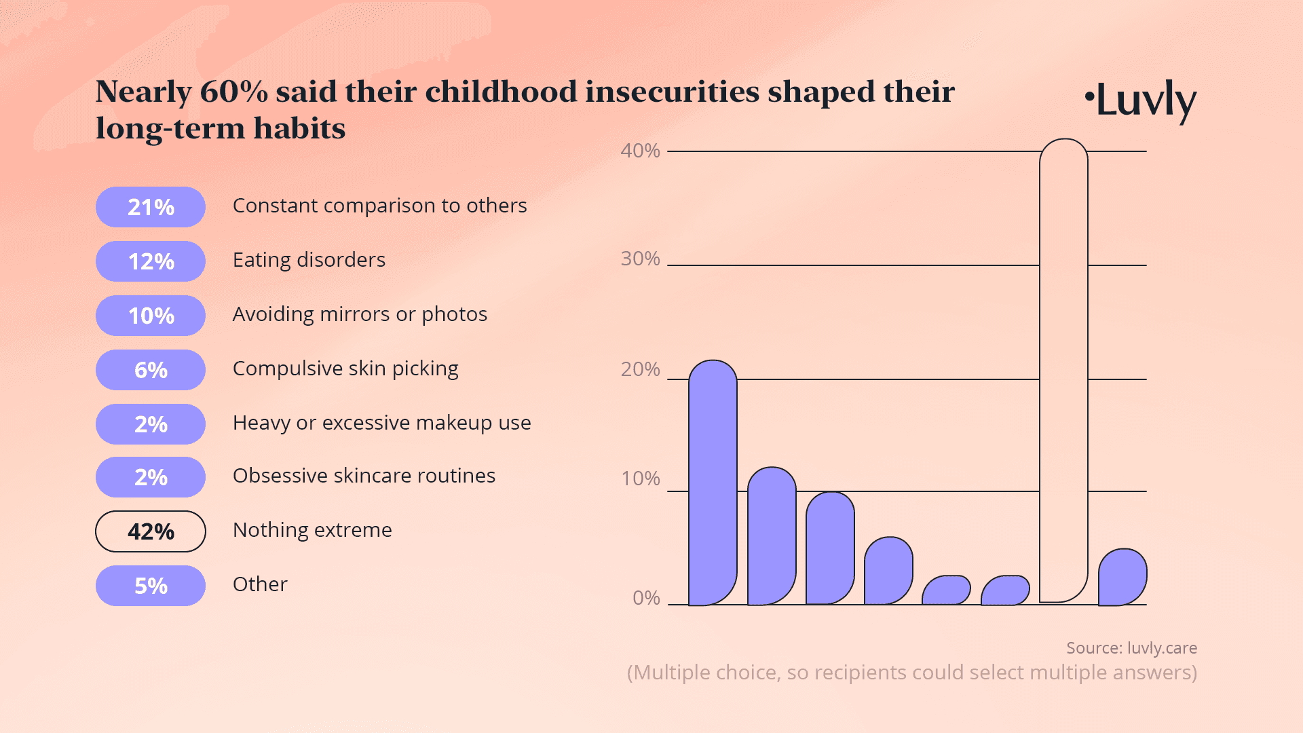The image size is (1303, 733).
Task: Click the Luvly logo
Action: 1141,100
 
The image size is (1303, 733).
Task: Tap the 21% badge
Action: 151,207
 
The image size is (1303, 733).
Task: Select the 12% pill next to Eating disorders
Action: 151,261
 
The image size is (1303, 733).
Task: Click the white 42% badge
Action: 151,531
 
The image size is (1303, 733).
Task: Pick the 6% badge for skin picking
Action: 151,370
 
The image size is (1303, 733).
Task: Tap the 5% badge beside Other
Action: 151,586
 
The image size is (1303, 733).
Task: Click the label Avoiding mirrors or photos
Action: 360,314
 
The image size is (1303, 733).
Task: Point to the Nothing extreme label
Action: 312,530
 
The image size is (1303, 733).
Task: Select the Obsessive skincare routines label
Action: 364,476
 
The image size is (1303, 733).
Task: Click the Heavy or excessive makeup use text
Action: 381,423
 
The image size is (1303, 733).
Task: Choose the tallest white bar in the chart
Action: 1063,370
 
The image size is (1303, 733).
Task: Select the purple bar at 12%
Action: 772,536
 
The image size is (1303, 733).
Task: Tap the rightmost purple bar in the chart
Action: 1122,578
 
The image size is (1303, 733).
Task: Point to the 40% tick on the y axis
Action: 640,151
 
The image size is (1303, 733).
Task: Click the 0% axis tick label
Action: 646,598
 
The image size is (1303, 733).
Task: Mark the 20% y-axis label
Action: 640,369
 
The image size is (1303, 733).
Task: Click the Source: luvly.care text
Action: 1131,648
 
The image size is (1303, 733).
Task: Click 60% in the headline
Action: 234,92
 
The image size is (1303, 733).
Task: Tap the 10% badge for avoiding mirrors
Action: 151,316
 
